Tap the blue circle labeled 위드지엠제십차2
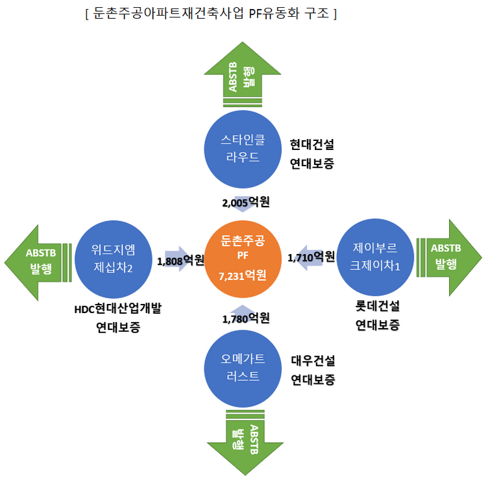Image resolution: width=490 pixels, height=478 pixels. [113, 258]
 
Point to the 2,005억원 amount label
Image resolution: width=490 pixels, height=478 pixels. [245, 203]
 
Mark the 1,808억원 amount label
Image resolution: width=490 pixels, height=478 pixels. [181, 261]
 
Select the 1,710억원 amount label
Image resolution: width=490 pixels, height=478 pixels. [311, 257]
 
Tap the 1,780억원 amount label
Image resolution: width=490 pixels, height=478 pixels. [245, 318]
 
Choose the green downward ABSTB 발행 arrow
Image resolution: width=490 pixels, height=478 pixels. [241, 439]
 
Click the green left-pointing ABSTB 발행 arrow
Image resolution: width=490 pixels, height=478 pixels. [38, 260]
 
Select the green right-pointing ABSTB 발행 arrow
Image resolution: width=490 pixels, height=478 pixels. [448, 256]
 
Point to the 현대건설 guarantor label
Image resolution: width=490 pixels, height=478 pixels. [312, 144]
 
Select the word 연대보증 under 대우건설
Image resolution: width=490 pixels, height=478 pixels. [312, 380]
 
